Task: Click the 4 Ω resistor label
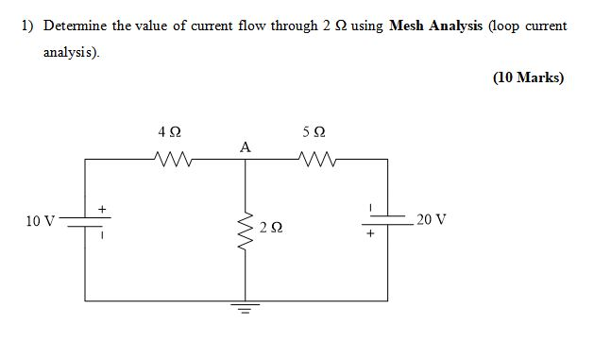click(x=170, y=134)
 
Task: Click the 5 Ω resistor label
click(x=314, y=133)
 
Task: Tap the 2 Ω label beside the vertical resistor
click(x=271, y=228)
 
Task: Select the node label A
click(x=246, y=146)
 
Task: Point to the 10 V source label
click(x=42, y=221)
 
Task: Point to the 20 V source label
click(x=431, y=219)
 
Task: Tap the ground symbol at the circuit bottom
click(x=246, y=308)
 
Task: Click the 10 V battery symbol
click(x=86, y=221)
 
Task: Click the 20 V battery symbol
click(x=387, y=220)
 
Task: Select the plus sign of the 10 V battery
click(x=103, y=207)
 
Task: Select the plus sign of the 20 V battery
click(x=372, y=232)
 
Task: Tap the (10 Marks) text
click(x=528, y=77)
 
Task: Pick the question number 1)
click(x=27, y=26)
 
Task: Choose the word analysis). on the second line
click(x=72, y=51)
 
